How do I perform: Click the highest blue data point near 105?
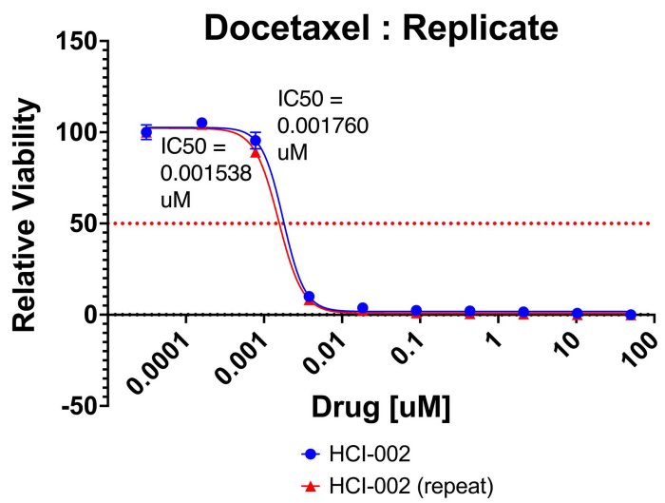(201, 124)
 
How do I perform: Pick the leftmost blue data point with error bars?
(146, 132)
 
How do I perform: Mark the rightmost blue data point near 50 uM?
(631, 314)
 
